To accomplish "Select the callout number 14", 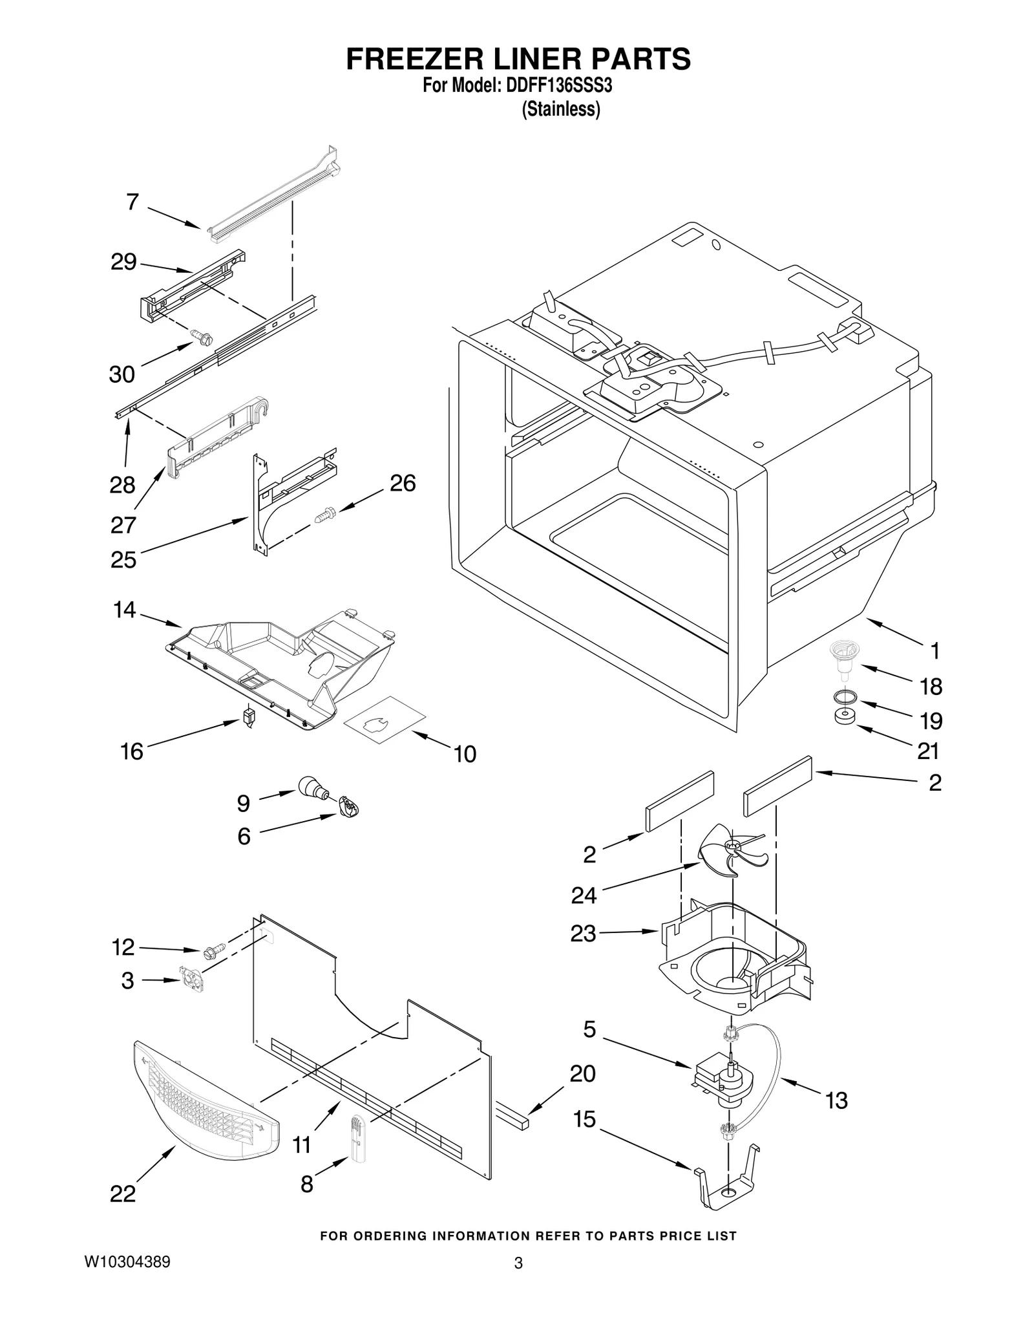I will click(x=124, y=609).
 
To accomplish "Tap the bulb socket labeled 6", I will click(x=348, y=808).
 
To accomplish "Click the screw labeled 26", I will click(x=324, y=515).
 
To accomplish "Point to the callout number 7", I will click(x=132, y=202).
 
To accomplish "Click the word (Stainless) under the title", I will click(x=560, y=109).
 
